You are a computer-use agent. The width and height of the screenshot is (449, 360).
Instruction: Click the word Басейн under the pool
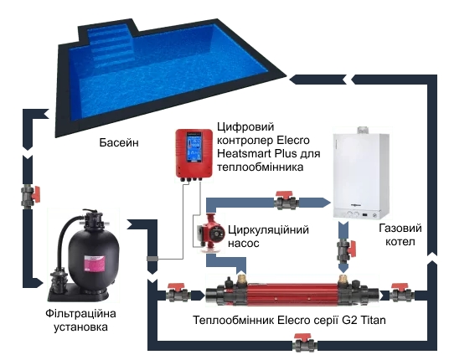(119, 142)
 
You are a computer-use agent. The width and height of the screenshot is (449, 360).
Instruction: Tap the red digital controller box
(194, 155)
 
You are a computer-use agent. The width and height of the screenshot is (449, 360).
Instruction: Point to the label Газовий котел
(400, 234)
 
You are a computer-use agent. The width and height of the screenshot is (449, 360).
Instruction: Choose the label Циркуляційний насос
(268, 236)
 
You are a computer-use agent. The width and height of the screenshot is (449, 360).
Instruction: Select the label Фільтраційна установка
(80, 320)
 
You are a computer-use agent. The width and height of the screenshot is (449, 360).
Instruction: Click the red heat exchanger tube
(292, 295)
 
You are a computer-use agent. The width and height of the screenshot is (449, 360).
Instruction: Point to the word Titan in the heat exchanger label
(373, 320)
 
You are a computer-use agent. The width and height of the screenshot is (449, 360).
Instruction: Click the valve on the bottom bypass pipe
(305, 342)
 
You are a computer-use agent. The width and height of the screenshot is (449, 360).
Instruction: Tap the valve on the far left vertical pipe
(30, 196)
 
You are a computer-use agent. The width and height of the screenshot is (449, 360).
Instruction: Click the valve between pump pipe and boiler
(286, 201)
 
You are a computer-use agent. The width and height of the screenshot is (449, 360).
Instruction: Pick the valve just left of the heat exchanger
(178, 293)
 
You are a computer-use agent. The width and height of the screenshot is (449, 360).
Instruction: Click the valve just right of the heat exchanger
(401, 293)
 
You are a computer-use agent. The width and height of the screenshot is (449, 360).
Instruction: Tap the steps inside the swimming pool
(111, 46)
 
